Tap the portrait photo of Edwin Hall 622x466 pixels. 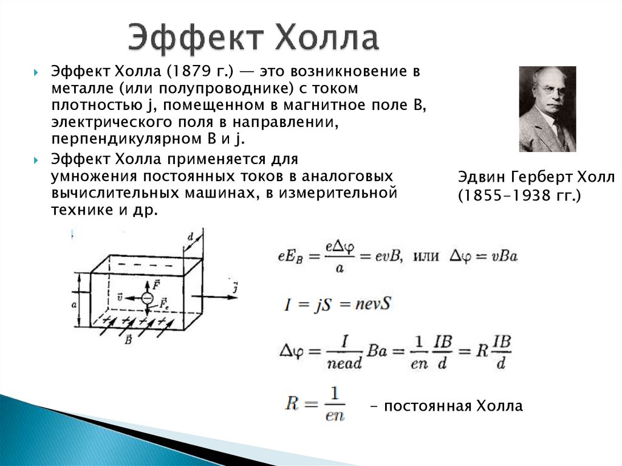[x=547, y=109]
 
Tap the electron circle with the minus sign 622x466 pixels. [x=147, y=297]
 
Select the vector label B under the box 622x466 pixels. [x=128, y=341]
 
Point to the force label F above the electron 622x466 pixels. [x=157, y=283]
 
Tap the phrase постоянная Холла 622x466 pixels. [x=453, y=406]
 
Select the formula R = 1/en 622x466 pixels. [x=315, y=405]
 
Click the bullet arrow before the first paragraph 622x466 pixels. [x=38, y=72]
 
